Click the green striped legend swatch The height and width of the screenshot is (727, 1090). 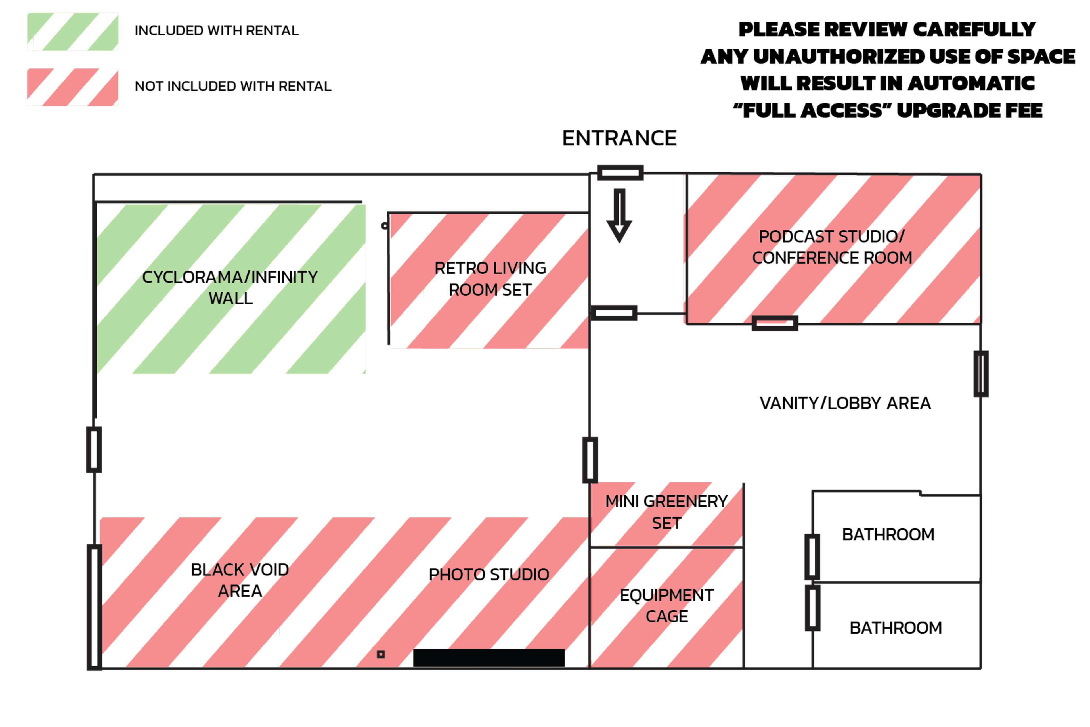click(73, 32)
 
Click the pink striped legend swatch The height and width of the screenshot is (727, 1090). click(73, 87)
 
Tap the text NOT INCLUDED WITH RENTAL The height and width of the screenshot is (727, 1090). click(233, 86)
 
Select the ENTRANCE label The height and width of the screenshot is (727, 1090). click(619, 138)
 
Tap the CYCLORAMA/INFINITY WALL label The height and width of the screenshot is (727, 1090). click(230, 287)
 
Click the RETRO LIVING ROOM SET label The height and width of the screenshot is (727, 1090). click(490, 279)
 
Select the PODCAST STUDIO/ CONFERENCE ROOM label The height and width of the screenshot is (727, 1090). click(832, 247)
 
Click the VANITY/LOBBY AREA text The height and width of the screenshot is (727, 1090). click(845, 403)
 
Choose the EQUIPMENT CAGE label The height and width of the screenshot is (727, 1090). click(666, 605)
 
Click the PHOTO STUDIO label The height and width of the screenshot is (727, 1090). click(489, 575)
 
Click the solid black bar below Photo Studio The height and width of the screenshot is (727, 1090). click(489, 657)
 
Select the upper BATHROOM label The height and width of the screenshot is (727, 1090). click(888, 534)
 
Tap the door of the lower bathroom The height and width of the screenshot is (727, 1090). click(812, 608)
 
